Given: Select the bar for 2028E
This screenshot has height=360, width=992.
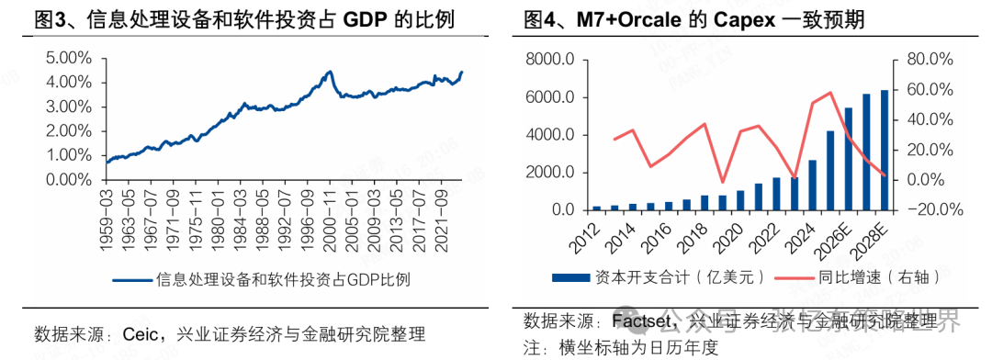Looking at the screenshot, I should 885,151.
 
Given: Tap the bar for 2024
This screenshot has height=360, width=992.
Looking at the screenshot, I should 813,185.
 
